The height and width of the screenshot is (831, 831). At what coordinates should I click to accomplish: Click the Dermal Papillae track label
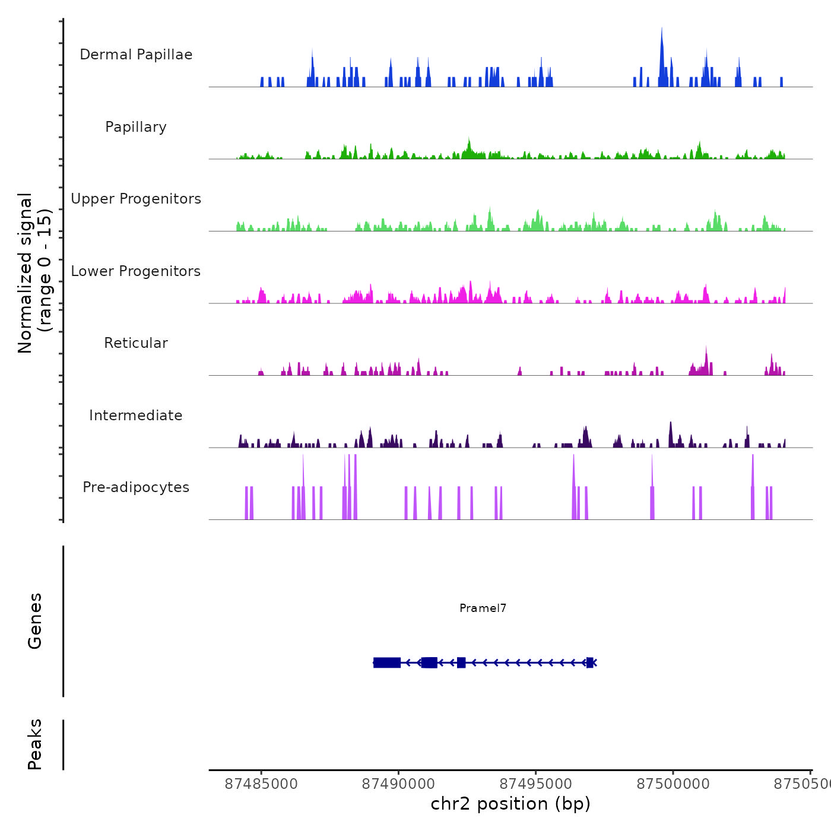click(x=136, y=55)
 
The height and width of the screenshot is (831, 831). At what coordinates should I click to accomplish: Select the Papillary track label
click(x=136, y=127)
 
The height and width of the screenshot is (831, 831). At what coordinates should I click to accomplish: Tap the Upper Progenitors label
click(x=136, y=199)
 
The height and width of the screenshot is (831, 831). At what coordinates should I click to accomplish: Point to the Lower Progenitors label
click(x=136, y=271)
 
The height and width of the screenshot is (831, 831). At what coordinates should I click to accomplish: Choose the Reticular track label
click(x=136, y=343)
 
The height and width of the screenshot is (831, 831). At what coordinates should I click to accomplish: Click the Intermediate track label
click(x=136, y=415)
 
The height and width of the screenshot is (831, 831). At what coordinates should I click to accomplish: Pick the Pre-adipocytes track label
click(x=136, y=487)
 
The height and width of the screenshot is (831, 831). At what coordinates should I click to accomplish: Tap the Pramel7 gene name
click(x=483, y=608)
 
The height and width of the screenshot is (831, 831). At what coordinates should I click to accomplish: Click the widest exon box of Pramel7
click(x=387, y=662)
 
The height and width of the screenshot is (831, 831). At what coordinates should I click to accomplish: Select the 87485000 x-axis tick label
click(x=261, y=784)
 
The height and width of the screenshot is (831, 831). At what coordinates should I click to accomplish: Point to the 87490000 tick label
click(x=398, y=784)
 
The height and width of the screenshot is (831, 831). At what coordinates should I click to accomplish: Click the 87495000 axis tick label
click(x=536, y=784)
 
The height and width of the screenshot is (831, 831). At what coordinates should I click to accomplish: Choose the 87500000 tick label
click(x=673, y=784)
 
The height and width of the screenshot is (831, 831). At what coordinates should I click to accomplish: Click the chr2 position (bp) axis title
click(x=510, y=804)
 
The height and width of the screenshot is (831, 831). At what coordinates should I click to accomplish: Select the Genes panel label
click(x=35, y=621)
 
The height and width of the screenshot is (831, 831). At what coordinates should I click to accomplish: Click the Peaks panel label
click(x=35, y=744)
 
